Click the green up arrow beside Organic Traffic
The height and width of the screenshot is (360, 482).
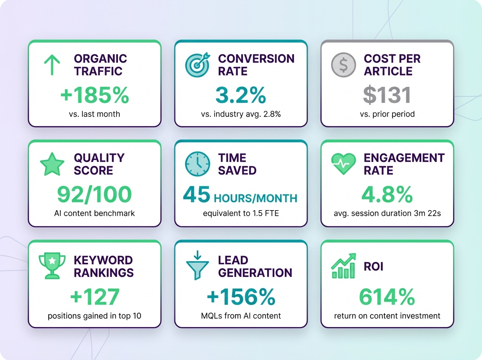coord(52,65)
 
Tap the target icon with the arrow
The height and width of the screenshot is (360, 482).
coord(197,64)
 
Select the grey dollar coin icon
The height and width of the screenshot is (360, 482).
coord(343,65)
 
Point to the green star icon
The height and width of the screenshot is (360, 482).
coord(52,164)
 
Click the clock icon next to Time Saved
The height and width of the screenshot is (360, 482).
coord(197,164)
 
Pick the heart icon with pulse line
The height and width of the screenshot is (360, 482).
coord(343,164)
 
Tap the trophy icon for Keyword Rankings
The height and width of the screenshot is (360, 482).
coord(52,266)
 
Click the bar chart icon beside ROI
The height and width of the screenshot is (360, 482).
coord(343,266)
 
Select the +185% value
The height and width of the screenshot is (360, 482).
coord(94,96)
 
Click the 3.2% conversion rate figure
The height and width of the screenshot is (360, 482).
coord(241,96)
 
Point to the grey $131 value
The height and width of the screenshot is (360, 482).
coord(387,96)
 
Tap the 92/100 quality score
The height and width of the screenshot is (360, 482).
coord(94,195)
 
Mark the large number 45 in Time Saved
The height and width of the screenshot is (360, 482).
coord(196,195)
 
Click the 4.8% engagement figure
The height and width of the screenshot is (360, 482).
coord(387,195)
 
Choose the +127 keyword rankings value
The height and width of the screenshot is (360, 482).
coord(94,297)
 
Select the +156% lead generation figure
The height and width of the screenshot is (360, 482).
coord(241,297)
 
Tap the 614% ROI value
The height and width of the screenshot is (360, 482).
coord(387,297)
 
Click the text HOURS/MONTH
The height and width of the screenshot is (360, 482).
coord(255,198)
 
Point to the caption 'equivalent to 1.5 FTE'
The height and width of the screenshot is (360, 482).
coord(241,213)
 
